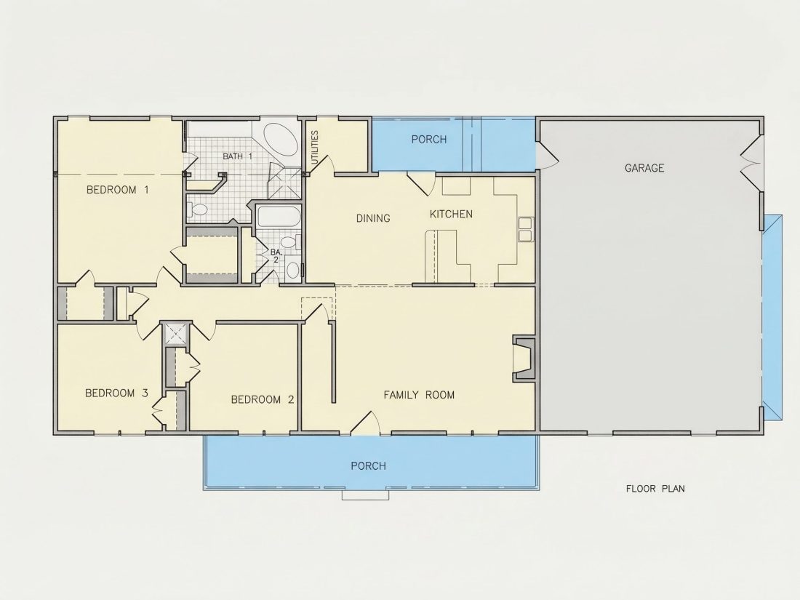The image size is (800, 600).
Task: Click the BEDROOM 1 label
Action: tap(117, 190)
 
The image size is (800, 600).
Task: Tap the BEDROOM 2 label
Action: tap(263, 399)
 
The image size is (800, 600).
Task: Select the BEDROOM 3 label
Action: tap(116, 393)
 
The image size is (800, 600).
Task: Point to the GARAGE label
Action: tap(644, 168)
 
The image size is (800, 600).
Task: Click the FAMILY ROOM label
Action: tap(419, 394)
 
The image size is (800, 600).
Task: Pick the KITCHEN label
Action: tap(451, 214)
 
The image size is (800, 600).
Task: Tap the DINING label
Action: tap(373, 218)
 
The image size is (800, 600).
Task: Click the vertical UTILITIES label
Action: tap(314, 148)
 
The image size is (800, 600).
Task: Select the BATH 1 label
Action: tap(237, 156)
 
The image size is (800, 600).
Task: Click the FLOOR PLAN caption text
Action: tap(655, 488)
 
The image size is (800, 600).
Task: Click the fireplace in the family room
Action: tap(524, 358)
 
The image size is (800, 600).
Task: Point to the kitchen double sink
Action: tap(526, 229)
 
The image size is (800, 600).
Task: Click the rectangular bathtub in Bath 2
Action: tap(278, 217)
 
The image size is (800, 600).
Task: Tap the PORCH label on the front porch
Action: tap(369, 465)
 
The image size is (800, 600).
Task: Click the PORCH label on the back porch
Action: tap(429, 140)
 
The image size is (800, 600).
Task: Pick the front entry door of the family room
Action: tap(365, 423)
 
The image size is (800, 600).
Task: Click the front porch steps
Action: tap(365, 495)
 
